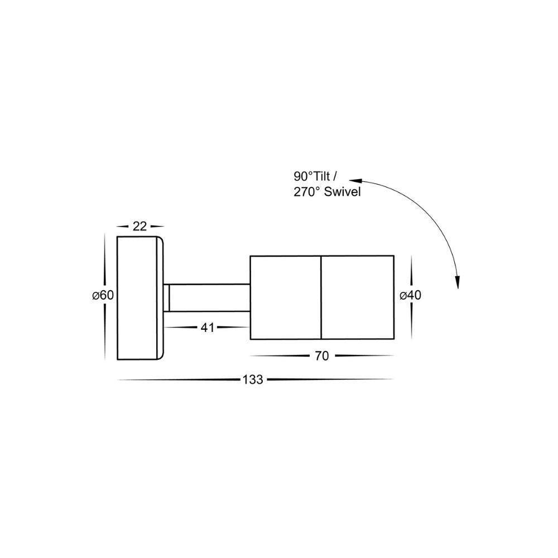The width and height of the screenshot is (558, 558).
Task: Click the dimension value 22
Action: tap(139, 226)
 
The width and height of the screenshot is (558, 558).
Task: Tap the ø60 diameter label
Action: tap(103, 296)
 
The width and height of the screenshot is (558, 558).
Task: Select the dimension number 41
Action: tap(208, 328)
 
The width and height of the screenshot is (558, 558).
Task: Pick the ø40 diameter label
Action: tap(410, 296)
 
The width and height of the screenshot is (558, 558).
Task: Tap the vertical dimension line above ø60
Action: tap(104, 259)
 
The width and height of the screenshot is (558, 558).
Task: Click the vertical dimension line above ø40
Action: tap(411, 272)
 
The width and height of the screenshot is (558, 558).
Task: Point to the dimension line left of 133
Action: tap(179, 381)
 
